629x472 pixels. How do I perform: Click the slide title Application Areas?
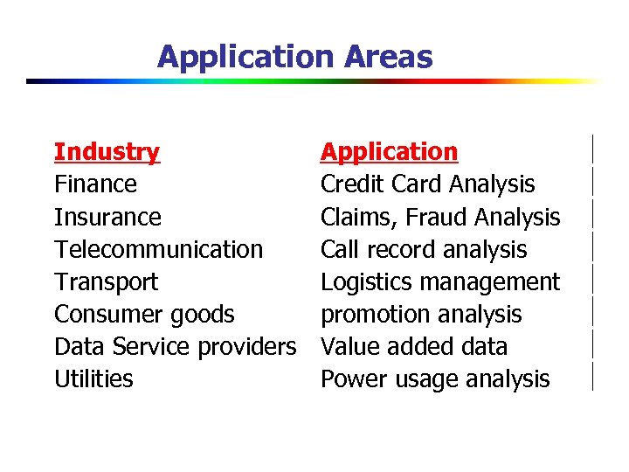[294, 58]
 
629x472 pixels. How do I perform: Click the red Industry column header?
[107, 152]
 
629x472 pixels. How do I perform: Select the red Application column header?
[389, 152]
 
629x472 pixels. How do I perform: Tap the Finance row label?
[95, 184]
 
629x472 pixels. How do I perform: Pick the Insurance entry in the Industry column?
[107, 217]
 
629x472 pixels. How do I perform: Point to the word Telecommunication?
[158, 250]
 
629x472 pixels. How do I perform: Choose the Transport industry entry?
[106, 282]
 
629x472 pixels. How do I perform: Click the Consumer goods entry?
[144, 315]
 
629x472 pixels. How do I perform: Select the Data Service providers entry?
[175, 347]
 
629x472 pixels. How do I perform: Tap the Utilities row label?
[93, 379]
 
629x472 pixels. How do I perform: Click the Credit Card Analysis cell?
[427, 184]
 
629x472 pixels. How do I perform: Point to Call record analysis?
[424, 250]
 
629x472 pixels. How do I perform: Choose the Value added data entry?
[413, 347]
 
